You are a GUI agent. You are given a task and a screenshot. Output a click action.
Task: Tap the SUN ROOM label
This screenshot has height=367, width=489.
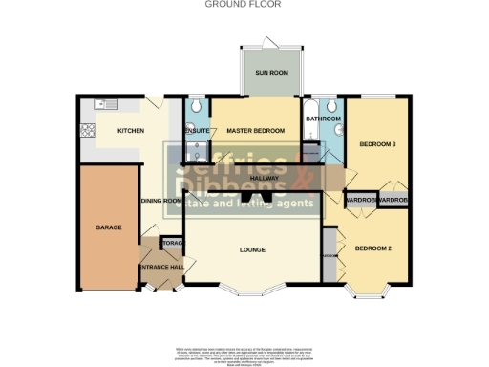(269, 73)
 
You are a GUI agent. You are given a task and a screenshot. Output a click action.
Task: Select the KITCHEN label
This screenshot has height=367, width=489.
(130, 130)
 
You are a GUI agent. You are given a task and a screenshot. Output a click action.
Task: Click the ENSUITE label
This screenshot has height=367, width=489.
(197, 130)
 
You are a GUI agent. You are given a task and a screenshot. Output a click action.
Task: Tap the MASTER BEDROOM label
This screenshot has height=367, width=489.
(256, 130)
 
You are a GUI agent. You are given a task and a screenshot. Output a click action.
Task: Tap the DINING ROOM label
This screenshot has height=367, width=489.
(160, 201)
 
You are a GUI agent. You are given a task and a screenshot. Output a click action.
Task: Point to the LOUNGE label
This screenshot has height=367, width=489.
(252, 250)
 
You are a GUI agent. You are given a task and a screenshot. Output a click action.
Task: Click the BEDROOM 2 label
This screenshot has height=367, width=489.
(372, 248)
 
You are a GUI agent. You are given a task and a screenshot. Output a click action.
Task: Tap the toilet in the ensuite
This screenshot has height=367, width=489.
(195, 107)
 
